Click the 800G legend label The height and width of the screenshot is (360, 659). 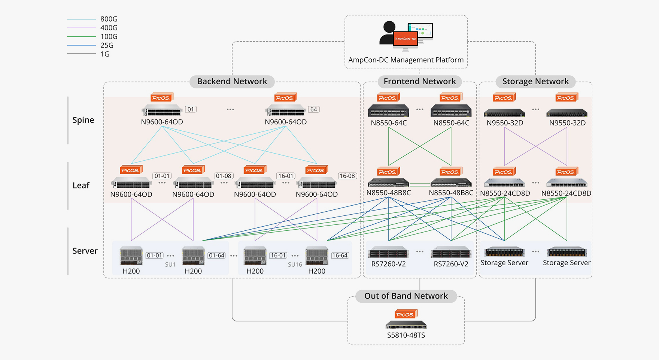coord(109,19)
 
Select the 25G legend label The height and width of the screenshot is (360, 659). coord(107,45)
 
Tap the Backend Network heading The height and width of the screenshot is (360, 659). coord(232,81)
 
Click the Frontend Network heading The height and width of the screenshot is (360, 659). coord(419,81)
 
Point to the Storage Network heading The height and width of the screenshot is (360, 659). coord(535,81)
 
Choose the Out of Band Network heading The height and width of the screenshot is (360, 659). coord(406,296)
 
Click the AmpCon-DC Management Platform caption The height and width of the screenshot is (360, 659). coord(406,60)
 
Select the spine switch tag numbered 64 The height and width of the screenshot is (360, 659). coord(313,109)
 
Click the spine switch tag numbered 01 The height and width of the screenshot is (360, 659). coord(191,109)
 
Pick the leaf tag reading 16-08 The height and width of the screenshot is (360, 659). coord(347,176)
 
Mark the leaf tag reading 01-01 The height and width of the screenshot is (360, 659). coord(162,176)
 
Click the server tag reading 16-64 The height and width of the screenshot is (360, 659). coord(340,255)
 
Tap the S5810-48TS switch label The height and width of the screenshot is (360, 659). coord(406,335)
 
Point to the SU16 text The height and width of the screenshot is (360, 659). coord(295,264)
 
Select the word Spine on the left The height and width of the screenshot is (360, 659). coord(83,120)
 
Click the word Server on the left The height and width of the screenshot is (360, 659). coord(85,251)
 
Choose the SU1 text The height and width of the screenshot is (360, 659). coord(170,264)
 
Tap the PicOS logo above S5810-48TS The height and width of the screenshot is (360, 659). coord(406,314)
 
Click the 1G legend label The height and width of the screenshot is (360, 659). coord(105,54)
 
